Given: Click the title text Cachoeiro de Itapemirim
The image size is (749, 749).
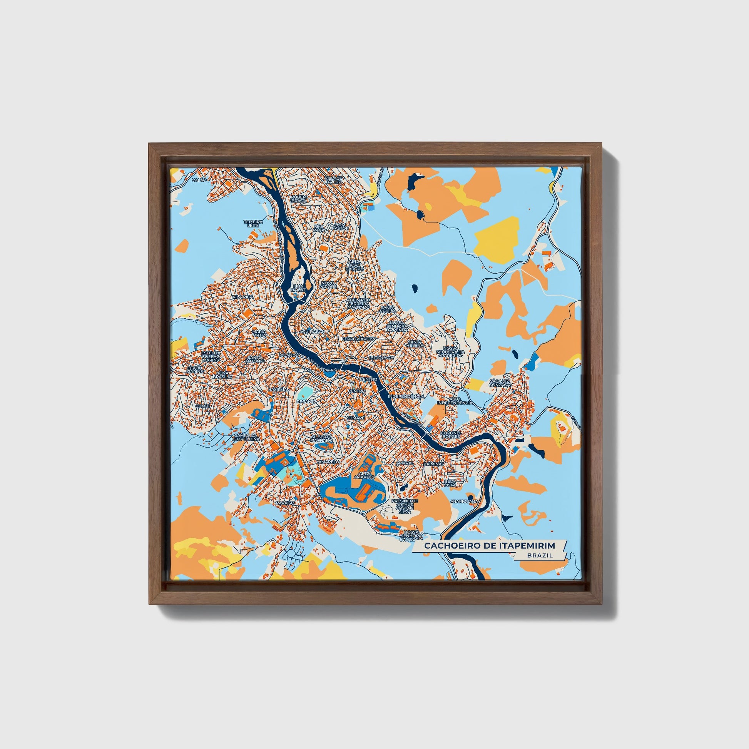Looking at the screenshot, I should click(x=489, y=546).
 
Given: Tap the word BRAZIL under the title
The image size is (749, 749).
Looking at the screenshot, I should click(x=540, y=555).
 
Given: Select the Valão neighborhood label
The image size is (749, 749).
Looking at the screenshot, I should click(x=199, y=180).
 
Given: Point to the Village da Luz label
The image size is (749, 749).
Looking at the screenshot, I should click(x=334, y=180).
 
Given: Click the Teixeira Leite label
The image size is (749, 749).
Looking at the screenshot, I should click(x=253, y=223).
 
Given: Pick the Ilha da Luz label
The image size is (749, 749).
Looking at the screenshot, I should click(x=299, y=287).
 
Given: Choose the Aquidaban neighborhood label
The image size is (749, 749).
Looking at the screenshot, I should click(x=312, y=332).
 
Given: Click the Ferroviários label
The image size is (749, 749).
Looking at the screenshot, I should click(x=358, y=338).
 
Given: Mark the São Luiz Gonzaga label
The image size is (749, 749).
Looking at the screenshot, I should click(x=499, y=383).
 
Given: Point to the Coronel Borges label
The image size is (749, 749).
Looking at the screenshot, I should click(x=450, y=435).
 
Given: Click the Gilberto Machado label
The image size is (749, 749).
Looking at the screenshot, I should click(x=321, y=438).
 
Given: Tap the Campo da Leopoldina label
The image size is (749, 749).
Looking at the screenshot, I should click(x=246, y=437).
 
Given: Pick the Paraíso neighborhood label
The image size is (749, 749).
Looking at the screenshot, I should click(x=285, y=503).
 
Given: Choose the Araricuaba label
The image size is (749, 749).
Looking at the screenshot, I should click(x=464, y=501).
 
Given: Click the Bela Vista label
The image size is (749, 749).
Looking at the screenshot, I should click(x=450, y=483).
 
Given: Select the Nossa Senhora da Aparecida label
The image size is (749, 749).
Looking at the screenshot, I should click(x=450, y=352).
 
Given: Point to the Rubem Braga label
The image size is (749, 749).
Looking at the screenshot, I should click(x=299, y=199).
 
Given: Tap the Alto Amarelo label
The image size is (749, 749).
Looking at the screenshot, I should click(x=367, y=475).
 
